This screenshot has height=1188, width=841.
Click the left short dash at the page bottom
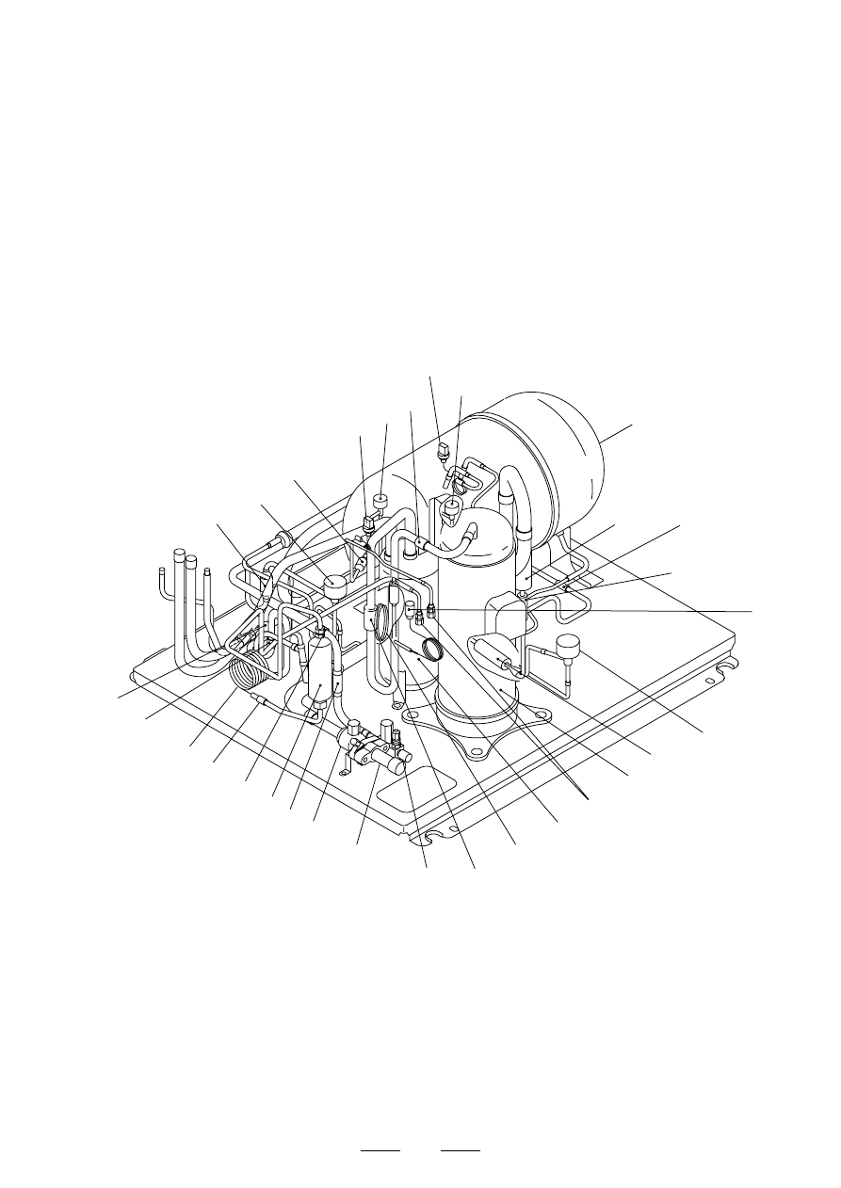tap(381, 1151)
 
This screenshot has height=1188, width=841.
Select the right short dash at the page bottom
tap(461, 1151)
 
